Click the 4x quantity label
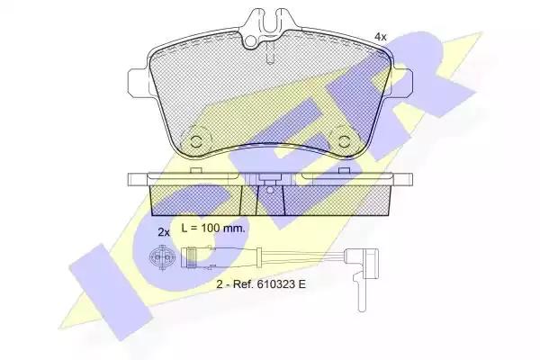(x=381, y=37)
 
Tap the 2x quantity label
(x=164, y=232)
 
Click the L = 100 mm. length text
(x=213, y=228)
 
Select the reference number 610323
(x=274, y=284)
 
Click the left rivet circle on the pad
(x=196, y=141)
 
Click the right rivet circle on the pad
(x=344, y=141)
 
